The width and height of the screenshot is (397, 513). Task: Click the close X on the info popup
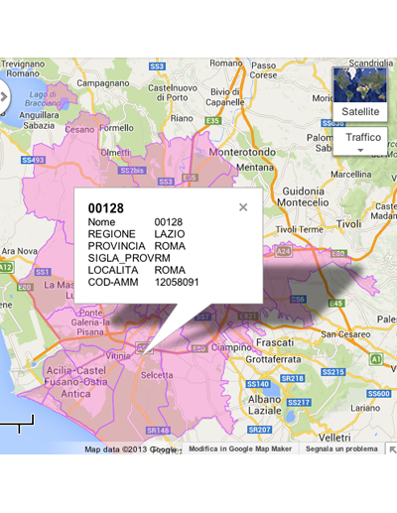coord(243,207)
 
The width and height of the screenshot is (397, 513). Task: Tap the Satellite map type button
coord(359,112)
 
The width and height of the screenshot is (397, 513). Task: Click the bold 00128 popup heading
coord(104,207)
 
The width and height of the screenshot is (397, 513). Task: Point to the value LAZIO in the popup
coord(170,233)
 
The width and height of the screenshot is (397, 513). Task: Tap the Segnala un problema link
coord(340,449)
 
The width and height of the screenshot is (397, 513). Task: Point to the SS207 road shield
coord(260,429)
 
